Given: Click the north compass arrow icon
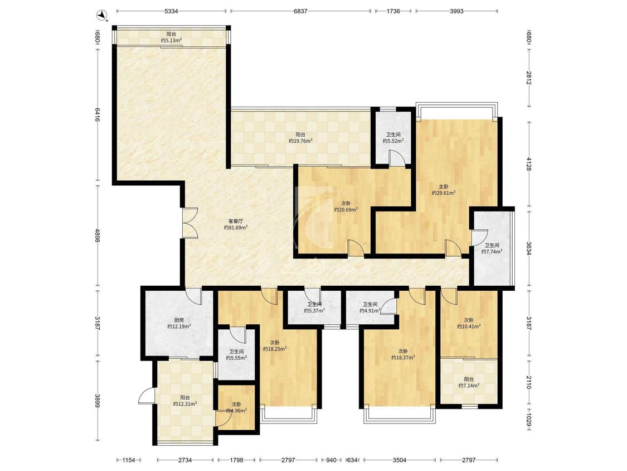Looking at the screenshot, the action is pyautogui.click(x=104, y=16).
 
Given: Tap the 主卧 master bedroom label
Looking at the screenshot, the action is pyautogui.click(x=444, y=186).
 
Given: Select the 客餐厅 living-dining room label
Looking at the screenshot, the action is pyautogui.click(x=236, y=221).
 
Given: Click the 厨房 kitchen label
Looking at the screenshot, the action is pyautogui.click(x=179, y=320).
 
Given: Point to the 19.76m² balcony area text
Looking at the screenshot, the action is pyautogui.click(x=300, y=141).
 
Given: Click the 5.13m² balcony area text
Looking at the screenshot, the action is pyautogui.click(x=171, y=40).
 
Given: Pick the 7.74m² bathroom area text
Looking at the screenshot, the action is pyautogui.click(x=492, y=252).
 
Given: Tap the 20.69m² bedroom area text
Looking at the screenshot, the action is pyautogui.click(x=346, y=209).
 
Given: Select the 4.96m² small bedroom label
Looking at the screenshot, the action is pyautogui.click(x=236, y=411).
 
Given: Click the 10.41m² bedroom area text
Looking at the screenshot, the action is pyautogui.click(x=469, y=326).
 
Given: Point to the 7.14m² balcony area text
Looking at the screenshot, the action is pyautogui.click(x=469, y=386).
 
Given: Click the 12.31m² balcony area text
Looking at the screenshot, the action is pyautogui.click(x=184, y=404).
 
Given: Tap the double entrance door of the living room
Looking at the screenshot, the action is pyautogui.click(x=190, y=223).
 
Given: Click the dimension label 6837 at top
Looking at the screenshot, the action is pyautogui.click(x=300, y=11).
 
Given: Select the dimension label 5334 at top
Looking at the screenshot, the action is pyautogui.click(x=171, y=11).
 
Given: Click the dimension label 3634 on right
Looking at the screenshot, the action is pyautogui.click(x=529, y=248).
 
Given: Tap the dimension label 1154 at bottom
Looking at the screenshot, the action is pyautogui.click(x=129, y=460).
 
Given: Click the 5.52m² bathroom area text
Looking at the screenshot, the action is pyautogui.click(x=393, y=141).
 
